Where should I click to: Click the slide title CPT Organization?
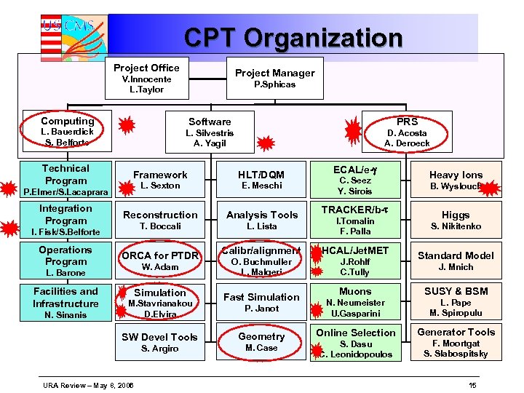tap(293, 37)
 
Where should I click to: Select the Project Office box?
tap(146, 78)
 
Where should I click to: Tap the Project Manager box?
tap(274, 78)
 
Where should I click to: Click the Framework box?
tap(160, 180)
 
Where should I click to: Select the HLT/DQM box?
tap(261, 180)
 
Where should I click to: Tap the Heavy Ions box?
tap(456, 180)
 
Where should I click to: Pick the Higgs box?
tap(456, 220)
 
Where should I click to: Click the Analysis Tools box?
tap(261, 220)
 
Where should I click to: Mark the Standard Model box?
tap(456, 261)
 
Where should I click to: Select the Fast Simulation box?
tap(261, 302)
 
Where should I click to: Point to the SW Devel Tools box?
tap(160, 342)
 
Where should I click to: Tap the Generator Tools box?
tap(456, 342)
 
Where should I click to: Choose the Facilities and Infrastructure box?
tap(65, 302)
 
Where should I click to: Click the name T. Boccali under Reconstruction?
tap(160, 226)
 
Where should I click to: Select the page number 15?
tap(472, 384)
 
